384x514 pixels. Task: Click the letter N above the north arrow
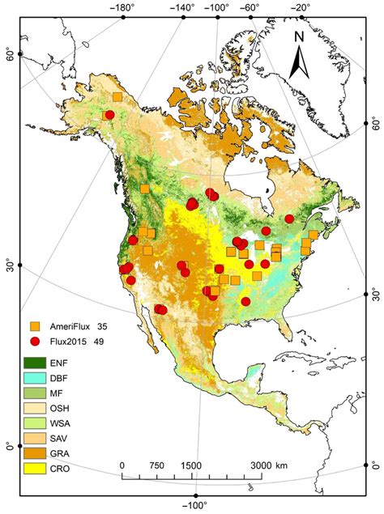pos(299,36)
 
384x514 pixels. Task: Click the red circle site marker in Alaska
pos(109,115)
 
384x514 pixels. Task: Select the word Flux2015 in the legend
pos(70,341)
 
